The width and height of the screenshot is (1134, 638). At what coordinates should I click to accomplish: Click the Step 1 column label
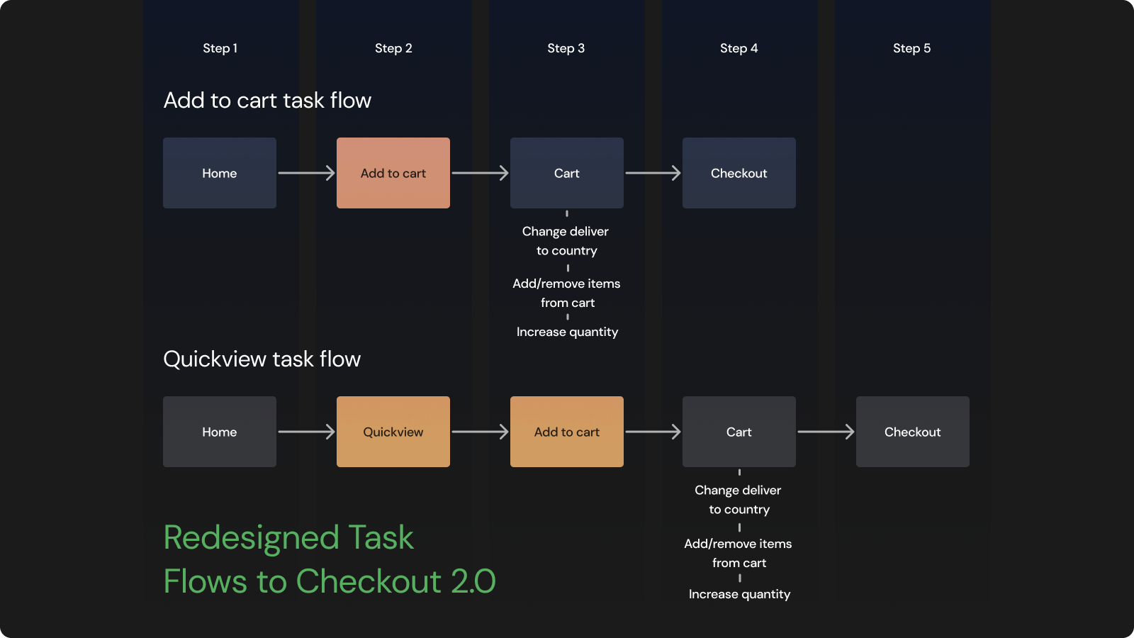pyautogui.click(x=220, y=48)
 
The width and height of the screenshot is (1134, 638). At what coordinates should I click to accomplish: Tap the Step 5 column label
pyautogui.click(x=911, y=48)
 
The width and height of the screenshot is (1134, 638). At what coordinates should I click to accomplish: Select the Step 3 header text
pyautogui.click(x=566, y=48)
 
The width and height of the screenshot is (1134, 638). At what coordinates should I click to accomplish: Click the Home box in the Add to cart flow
pyautogui.click(x=220, y=173)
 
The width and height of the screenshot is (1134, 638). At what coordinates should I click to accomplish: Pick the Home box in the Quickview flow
pyautogui.click(x=220, y=432)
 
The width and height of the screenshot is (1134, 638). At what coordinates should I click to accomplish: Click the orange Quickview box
pyautogui.click(x=393, y=432)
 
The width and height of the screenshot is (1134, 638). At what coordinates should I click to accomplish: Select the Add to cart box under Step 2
pyautogui.click(x=393, y=173)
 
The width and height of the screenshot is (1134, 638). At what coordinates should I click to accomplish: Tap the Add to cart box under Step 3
pyautogui.click(x=567, y=432)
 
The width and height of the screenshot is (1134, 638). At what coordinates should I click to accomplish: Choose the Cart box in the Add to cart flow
pyautogui.click(x=567, y=173)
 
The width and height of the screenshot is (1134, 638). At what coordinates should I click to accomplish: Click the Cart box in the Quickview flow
pyautogui.click(x=739, y=432)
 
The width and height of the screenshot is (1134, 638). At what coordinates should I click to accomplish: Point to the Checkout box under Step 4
pyautogui.click(x=739, y=173)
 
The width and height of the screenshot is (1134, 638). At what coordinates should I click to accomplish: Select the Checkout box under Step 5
pyautogui.click(x=913, y=432)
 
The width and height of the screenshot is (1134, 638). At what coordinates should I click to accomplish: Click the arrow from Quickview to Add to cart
pyautogui.click(x=480, y=432)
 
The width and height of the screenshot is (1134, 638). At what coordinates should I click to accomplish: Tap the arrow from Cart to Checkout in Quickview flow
pyautogui.click(x=826, y=432)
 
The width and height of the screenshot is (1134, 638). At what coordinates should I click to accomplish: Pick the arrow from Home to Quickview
pyautogui.click(x=306, y=432)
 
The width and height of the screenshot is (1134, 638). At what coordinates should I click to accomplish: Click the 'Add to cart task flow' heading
pyautogui.click(x=267, y=100)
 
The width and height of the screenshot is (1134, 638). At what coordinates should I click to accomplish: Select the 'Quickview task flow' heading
pyautogui.click(x=262, y=359)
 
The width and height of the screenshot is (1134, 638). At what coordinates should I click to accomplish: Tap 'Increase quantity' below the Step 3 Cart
pyautogui.click(x=567, y=332)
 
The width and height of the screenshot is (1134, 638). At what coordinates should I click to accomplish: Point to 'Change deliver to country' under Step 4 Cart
pyautogui.click(x=739, y=500)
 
